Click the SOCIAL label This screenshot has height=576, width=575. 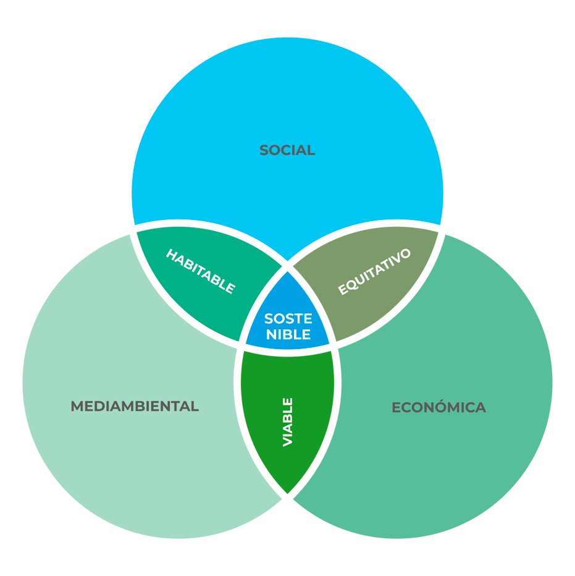[287, 150]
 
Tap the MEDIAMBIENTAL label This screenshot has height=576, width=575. [135, 407]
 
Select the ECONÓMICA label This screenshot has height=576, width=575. [439, 408]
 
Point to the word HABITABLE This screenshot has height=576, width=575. [201, 271]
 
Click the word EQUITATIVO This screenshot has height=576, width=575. [374, 272]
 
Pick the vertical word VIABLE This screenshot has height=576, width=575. [287, 422]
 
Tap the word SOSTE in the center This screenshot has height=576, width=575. [287, 320]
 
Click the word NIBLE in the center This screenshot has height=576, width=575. [287, 336]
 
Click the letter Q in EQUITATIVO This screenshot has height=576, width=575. [350, 286]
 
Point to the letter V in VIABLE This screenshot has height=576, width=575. [287, 441]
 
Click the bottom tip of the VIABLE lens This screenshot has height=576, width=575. [287, 493]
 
